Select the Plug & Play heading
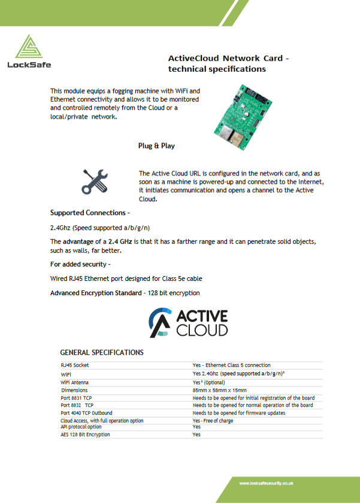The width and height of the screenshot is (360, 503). tap(156, 146)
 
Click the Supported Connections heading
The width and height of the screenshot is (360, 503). tap(89, 213)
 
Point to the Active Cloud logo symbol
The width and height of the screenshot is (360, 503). tap(160, 322)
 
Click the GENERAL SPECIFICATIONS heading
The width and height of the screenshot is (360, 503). tap(102, 352)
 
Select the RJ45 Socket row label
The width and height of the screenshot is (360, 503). tap(75, 365)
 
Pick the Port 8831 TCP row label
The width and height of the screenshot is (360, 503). tap(76, 398)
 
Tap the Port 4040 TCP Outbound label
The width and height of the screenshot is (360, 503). tap(86, 413)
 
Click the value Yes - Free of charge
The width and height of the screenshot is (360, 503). tap(213, 421)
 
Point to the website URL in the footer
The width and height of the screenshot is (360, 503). tap(266, 483)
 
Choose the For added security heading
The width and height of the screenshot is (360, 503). tap(80, 263)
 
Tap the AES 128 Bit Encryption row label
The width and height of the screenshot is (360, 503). tap(85, 435)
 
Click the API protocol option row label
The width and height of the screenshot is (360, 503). tap(81, 427)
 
